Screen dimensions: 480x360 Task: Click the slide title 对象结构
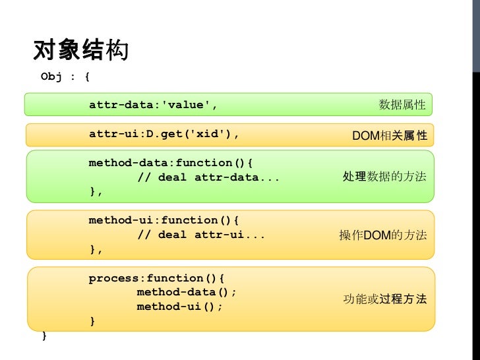(x=81, y=49)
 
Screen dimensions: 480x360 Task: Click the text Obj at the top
(x=51, y=76)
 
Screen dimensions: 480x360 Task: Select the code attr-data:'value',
(x=153, y=105)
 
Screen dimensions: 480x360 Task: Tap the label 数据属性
(x=402, y=105)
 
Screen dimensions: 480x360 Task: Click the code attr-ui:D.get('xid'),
(x=164, y=134)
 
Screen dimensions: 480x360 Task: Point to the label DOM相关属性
(x=390, y=135)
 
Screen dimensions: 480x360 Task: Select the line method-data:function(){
(x=171, y=163)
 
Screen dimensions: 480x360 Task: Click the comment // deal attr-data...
(x=208, y=177)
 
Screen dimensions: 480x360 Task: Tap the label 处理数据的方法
(x=384, y=176)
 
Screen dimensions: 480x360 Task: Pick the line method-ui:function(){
(x=164, y=220)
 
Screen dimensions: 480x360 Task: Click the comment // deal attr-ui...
(x=201, y=235)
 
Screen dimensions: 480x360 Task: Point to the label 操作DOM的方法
(x=382, y=235)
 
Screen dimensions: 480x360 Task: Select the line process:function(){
(x=156, y=278)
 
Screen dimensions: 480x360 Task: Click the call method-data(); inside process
(x=187, y=292)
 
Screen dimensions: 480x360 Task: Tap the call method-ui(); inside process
(x=179, y=307)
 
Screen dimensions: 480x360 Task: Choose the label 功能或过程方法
(x=385, y=299)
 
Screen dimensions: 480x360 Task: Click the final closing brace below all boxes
(x=44, y=336)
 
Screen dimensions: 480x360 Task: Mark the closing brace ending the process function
(x=92, y=321)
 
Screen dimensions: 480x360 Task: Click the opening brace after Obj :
(x=87, y=76)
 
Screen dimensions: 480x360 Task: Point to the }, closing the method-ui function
(x=96, y=249)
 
